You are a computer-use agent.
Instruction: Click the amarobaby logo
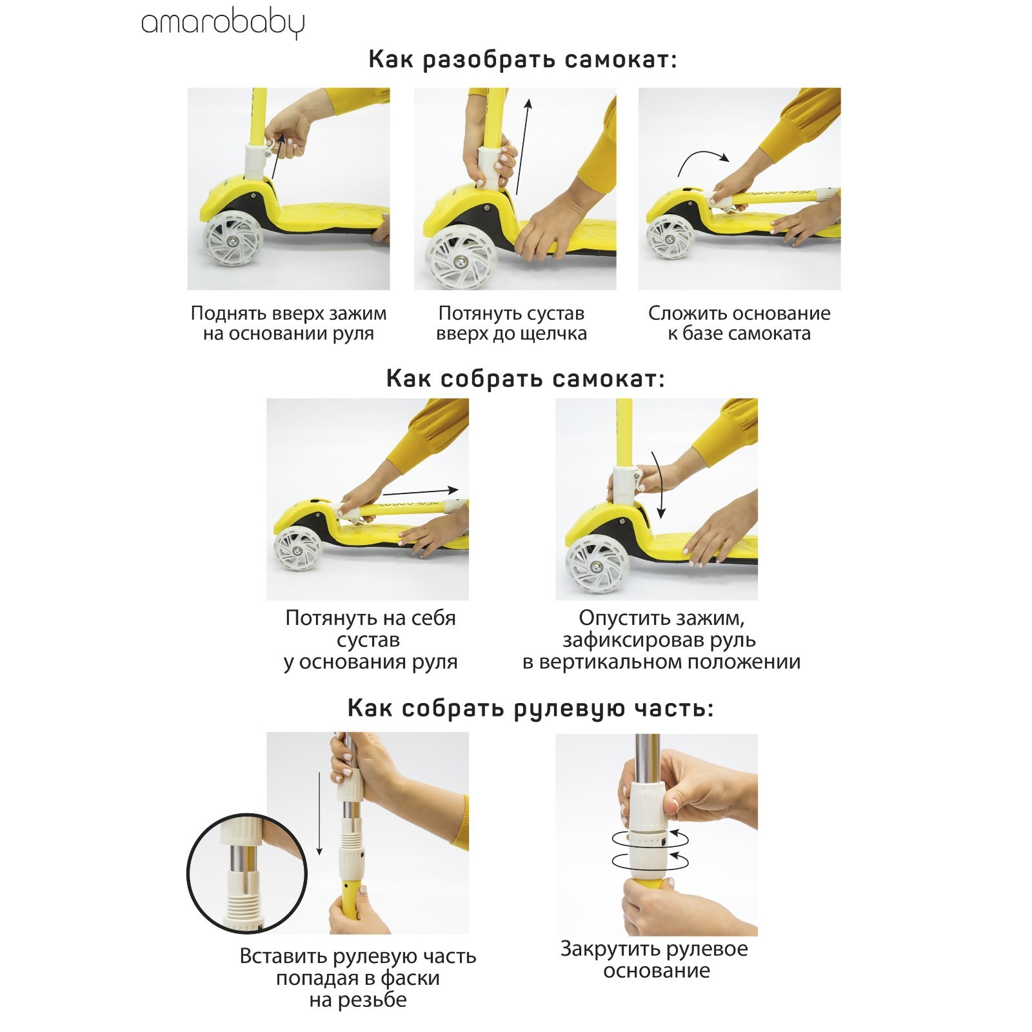click(223, 25)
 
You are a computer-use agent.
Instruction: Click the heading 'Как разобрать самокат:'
click(523, 60)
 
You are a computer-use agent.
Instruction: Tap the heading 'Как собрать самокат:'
click(526, 379)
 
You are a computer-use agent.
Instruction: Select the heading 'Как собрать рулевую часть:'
click(531, 708)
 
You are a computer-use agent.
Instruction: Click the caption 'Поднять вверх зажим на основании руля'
click(289, 324)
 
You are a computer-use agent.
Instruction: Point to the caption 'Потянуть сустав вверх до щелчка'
click(511, 324)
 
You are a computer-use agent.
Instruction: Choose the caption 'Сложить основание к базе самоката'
click(739, 324)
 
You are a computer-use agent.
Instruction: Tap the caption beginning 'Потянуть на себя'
click(370, 640)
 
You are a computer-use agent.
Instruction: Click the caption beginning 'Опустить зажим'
click(661, 640)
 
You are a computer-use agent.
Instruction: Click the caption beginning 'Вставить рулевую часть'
click(358, 978)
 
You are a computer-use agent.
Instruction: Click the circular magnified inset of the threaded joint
click(247, 873)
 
